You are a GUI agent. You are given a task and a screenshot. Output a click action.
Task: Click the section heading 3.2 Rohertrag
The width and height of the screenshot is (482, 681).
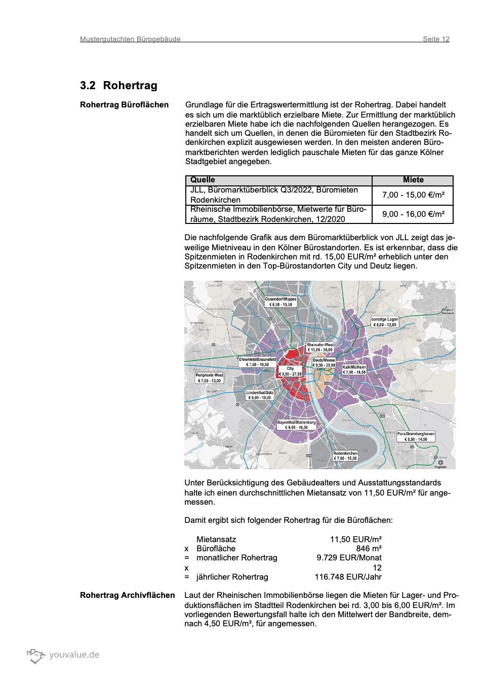click(x=118, y=85)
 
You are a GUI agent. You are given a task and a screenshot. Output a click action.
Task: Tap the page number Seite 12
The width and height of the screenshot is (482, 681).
click(x=436, y=39)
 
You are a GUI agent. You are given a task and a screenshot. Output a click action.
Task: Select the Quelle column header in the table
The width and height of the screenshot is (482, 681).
click(x=203, y=180)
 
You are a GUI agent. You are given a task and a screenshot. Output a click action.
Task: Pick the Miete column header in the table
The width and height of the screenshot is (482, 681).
click(x=413, y=180)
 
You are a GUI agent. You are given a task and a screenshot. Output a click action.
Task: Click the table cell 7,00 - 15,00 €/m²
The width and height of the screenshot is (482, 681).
click(x=413, y=195)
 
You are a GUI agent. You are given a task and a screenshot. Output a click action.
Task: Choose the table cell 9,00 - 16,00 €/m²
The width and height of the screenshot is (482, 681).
click(x=413, y=214)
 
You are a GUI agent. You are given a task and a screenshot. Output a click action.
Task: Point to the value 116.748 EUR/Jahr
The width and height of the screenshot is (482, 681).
click(x=348, y=577)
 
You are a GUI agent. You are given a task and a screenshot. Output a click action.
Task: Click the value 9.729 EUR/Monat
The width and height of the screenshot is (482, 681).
click(x=349, y=557)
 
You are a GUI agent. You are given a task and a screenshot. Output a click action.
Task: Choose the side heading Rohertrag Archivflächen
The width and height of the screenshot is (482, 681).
click(x=127, y=595)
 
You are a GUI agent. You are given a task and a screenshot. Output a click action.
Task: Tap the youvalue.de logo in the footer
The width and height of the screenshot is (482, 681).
click(x=63, y=655)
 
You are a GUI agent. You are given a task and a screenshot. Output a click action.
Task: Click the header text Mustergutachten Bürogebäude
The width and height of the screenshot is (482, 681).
click(x=130, y=39)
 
